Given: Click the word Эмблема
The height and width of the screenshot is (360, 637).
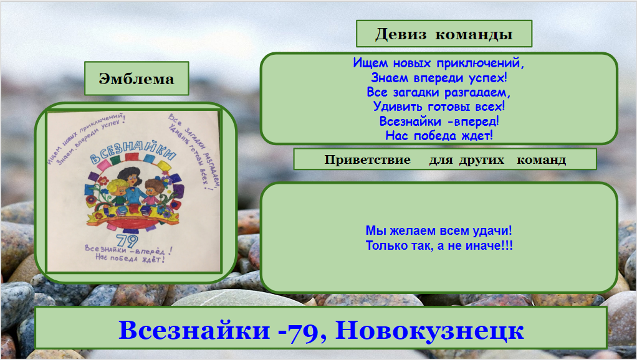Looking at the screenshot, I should coord(136,79).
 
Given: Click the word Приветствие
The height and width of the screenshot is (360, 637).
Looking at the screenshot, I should coord(367,159).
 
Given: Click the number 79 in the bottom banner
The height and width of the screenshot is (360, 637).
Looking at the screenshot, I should coord(303,330).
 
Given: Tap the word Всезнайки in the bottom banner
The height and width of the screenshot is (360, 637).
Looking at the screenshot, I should coord(194,330).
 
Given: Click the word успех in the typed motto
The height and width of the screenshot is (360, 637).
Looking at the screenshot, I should coord(486,78).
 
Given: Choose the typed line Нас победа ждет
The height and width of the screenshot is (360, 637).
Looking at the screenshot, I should coord(439,135).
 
